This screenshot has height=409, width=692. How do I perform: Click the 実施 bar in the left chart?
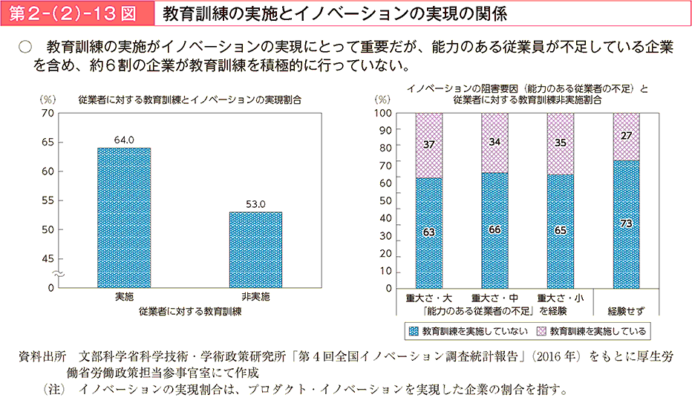point(124,217)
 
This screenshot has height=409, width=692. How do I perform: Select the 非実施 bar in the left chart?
point(255,249)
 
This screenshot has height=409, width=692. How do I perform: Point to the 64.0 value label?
point(124,140)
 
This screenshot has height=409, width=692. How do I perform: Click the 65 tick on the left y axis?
point(48,142)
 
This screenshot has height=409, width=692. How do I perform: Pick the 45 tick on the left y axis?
point(48,258)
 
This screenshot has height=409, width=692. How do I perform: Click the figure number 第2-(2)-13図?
point(73,13)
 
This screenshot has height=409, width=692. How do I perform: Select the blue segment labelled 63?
point(428,232)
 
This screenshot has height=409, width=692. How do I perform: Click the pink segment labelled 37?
point(428,145)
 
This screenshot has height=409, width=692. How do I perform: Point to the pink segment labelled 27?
point(626,137)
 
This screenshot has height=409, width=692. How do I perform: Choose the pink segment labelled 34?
point(494,143)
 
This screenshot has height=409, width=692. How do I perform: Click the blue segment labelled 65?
point(561,231)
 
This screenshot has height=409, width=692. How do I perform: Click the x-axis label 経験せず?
point(626,309)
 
